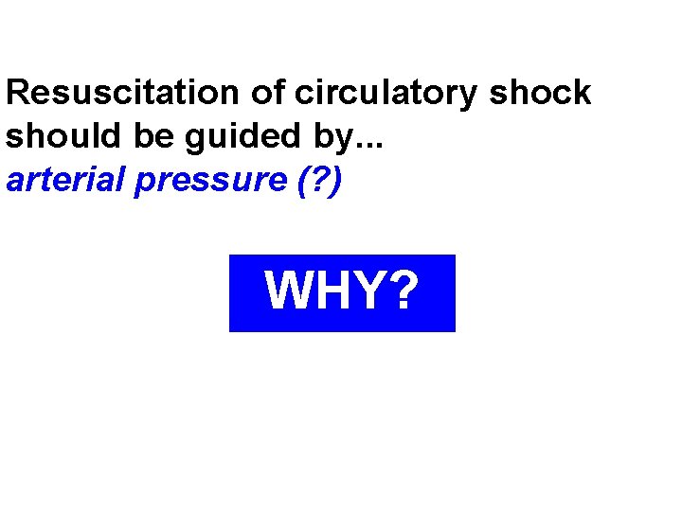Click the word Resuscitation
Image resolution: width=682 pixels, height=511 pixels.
pyautogui.click(x=123, y=93)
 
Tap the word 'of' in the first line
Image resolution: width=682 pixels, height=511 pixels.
pyautogui.click(x=268, y=93)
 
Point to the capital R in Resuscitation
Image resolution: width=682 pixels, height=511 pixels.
pyautogui.click(x=18, y=93)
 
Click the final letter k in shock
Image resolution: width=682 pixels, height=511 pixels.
pyautogui.click(x=581, y=93)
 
